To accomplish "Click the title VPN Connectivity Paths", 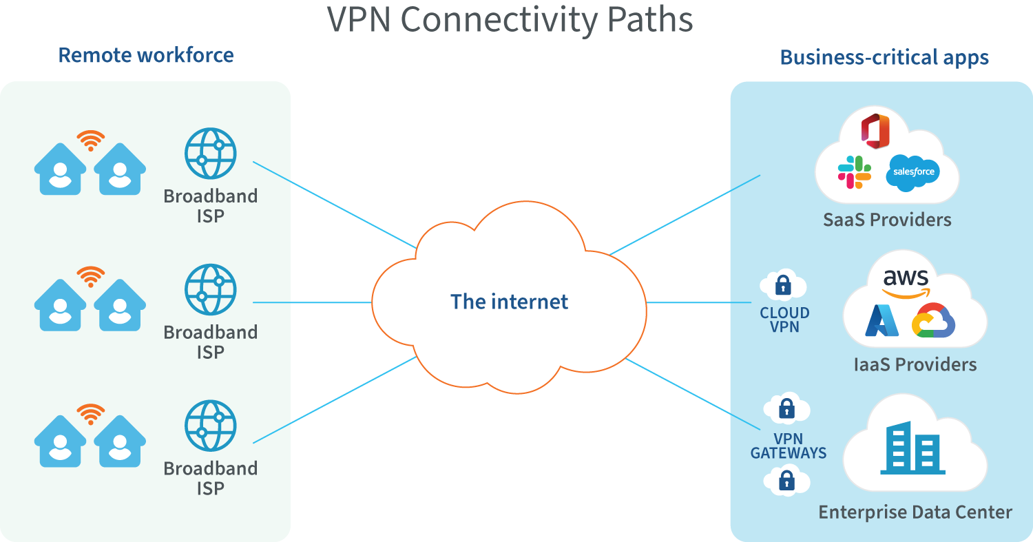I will [x=510, y=19].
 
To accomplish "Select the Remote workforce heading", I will [x=146, y=55].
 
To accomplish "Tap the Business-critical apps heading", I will [x=884, y=57].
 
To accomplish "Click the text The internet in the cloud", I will [x=510, y=302].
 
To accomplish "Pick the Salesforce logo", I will [x=914, y=171].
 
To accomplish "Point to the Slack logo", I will [x=855, y=171].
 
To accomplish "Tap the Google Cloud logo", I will [x=933, y=321].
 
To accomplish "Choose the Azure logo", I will [x=882, y=321].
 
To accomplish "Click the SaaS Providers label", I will [x=887, y=220].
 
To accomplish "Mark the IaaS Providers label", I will [x=915, y=364].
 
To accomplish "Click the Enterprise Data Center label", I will [x=915, y=512].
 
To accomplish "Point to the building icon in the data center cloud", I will [x=912, y=448].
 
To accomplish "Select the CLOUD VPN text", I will [x=784, y=320].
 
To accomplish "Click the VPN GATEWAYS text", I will [x=789, y=446].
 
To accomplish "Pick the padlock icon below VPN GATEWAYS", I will [x=786, y=481].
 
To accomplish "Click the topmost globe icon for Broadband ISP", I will [x=210, y=154].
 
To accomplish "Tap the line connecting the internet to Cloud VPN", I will [x=699, y=302].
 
